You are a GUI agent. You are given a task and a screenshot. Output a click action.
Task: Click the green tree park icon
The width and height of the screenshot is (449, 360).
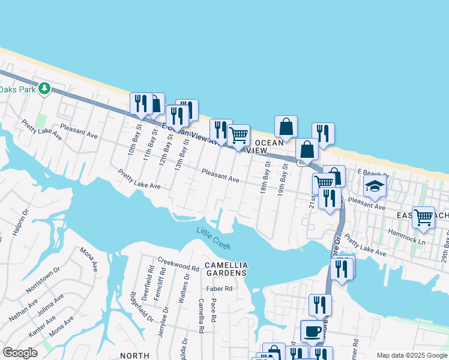pyautogui.click(x=44, y=89)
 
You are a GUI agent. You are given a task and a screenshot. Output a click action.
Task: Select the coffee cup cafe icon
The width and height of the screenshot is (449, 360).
pyautogui.click(x=312, y=331)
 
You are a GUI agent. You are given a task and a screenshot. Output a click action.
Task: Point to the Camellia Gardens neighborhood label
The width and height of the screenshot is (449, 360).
pyautogui.click(x=226, y=269)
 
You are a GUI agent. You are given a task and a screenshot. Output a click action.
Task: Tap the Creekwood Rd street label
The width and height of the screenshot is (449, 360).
pyautogui.click(x=178, y=263)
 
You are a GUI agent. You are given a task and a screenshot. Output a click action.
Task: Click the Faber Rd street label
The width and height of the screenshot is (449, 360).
pyautogui.click(x=219, y=289)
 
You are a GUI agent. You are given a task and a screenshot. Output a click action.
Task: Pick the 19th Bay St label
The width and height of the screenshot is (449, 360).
pyautogui.click(x=282, y=181)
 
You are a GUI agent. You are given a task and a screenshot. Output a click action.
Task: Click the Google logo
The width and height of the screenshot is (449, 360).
pyautogui.click(x=20, y=353)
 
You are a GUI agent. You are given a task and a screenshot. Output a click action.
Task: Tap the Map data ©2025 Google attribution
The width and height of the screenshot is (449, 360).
pyautogui.click(x=411, y=355)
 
